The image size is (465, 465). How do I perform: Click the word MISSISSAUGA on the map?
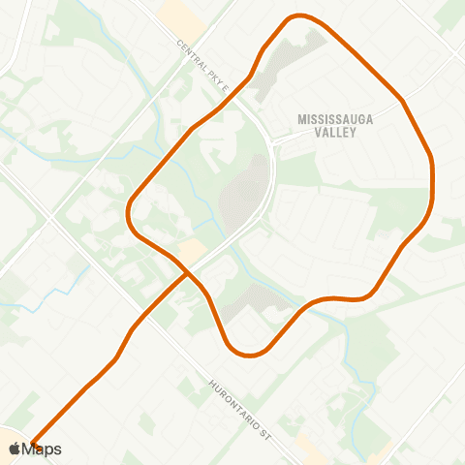(x=334, y=118)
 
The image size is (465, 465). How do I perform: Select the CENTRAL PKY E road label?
(x=202, y=68)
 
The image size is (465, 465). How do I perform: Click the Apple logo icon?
(x=14, y=449)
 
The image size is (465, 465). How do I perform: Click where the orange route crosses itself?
(x=187, y=272)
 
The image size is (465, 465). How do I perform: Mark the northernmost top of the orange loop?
(x=299, y=16)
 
